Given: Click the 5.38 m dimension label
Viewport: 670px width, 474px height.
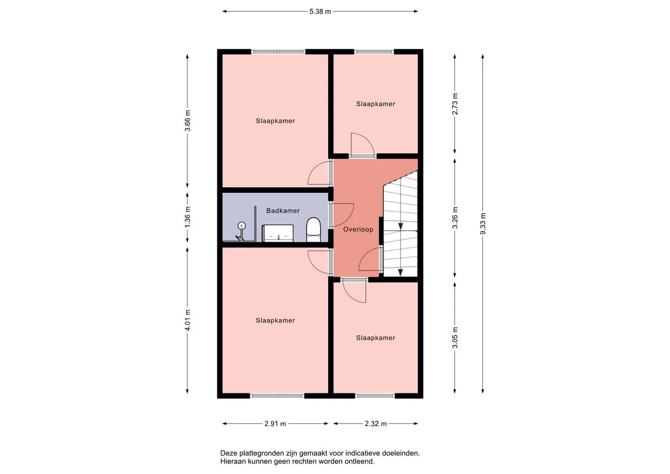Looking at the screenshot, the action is click(320, 12).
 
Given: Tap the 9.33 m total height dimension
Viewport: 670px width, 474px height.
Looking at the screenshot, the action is click(483, 223).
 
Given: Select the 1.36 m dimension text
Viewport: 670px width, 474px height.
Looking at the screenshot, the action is click(188, 217).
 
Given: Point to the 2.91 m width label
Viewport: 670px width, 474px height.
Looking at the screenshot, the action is click(275, 424).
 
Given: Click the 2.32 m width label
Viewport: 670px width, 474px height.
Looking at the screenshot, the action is click(375, 424).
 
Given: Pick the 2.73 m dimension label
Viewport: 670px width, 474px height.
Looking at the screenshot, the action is click(455, 104).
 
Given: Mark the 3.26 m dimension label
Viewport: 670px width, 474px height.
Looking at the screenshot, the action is click(455, 217).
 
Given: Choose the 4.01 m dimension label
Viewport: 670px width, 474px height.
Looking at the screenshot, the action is click(188, 320).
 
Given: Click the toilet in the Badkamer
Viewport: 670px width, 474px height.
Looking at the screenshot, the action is click(314, 230).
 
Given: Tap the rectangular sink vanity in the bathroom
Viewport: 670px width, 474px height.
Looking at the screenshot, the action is click(278, 233).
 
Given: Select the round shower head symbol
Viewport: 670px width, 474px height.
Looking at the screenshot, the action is click(241, 225).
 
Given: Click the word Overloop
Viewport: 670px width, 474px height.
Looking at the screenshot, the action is click(358, 230).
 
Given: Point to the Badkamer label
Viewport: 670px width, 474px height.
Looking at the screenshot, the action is click(283, 210).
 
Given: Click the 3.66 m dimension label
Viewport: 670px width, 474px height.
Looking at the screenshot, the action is click(188, 121).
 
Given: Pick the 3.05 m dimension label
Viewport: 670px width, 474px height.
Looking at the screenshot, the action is click(455, 338).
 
